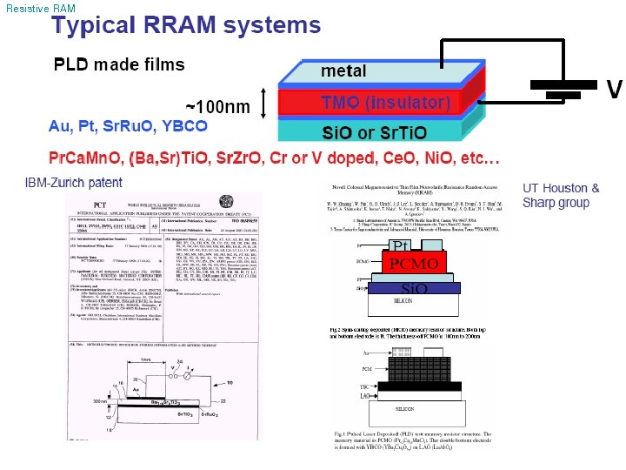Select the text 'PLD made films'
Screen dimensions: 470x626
tap(119, 64)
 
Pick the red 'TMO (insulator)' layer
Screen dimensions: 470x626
tap(374, 103)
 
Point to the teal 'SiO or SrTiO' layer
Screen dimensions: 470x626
tap(374, 133)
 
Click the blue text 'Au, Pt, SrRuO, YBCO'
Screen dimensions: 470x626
tap(128, 126)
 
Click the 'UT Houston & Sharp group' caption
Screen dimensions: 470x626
tap(561, 195)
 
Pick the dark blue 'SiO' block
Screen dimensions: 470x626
tap(402, 288)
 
